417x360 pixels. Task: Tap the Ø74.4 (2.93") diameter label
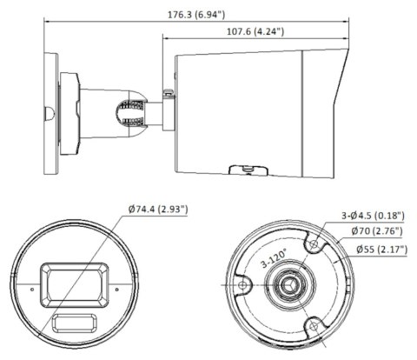pyautogui.click(x=157, y=210)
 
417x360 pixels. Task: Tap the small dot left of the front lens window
pyautogui.click(x=33, y=285)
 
